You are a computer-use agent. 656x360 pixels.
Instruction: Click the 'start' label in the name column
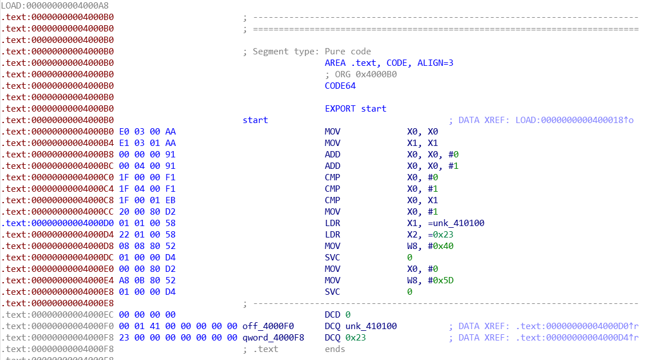tap(255, 120)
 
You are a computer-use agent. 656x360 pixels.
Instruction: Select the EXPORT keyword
tap(340, 109)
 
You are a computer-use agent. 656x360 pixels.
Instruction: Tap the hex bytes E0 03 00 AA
tap(147, 132)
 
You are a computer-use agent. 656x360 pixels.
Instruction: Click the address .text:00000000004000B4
tap(57, 143)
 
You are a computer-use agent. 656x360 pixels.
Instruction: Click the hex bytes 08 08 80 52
tap(147, 246)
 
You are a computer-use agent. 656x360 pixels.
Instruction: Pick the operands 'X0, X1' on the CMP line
tap(421, 200)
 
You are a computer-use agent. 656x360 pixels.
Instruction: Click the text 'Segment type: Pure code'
tap(312, 52)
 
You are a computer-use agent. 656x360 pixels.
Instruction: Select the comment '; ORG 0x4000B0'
tap(361, 74)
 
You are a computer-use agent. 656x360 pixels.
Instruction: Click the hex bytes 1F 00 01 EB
tap(147, 200)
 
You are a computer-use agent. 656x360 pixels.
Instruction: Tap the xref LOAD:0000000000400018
tap(571, 120)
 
